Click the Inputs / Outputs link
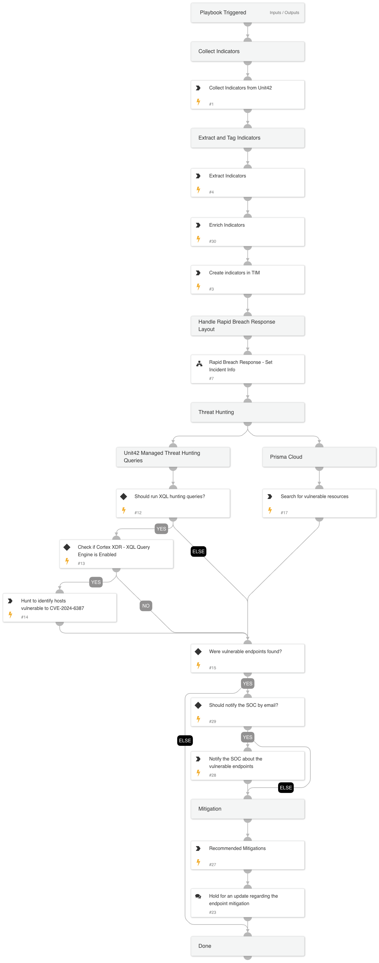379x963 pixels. (284, 13)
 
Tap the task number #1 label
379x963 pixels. (211, 104)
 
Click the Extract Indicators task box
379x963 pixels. (247, 183)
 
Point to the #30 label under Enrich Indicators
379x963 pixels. (212, 242)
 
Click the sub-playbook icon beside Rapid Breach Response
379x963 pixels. (199, 363)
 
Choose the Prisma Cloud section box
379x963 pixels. (319, 457)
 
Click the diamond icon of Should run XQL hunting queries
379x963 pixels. (124, 497)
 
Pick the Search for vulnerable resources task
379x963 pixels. (319, 503)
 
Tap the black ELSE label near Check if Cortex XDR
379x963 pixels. (198, 551)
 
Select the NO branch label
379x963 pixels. (146, 606)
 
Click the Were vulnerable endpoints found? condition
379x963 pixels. (247, 658)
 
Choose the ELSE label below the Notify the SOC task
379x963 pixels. (286, 788)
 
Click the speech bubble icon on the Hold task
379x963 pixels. (198, 896)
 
